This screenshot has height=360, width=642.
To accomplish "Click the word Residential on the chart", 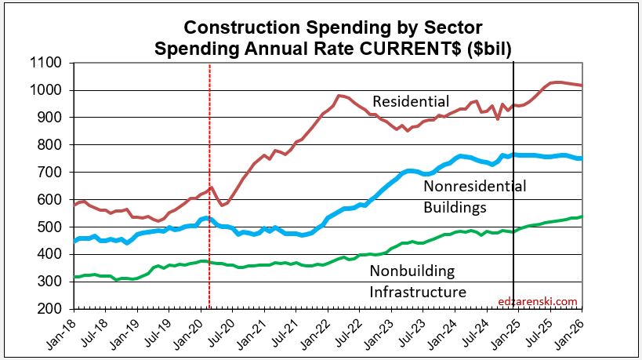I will click(x=411, y=102).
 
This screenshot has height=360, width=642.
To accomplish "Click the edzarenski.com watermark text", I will click(x=537, y=300).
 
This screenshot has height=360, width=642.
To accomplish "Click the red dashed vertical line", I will click(x=209, y=235).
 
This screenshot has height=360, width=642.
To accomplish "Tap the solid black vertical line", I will click(x=513, y=235).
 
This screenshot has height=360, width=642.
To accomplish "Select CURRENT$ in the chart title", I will click(x=416, y=48).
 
